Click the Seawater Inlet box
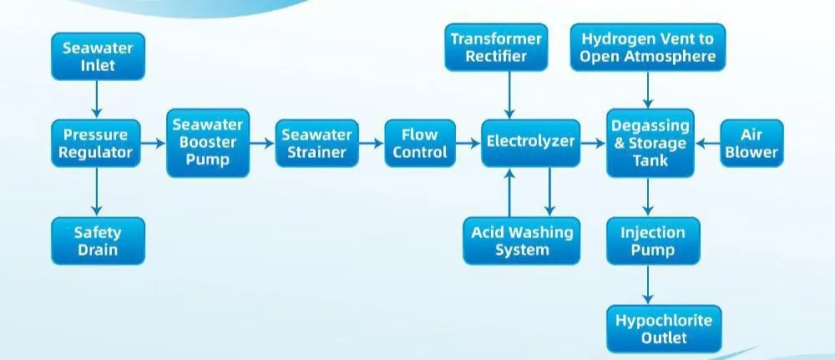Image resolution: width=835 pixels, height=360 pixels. (x=98, y=55)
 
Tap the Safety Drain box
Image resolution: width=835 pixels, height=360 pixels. (x=98, y=241)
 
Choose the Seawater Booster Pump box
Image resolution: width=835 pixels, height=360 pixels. (x=208, y=143)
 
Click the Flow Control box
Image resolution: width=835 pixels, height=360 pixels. (x=420, y=143)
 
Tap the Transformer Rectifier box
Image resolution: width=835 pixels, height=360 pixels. (x=496, y=48)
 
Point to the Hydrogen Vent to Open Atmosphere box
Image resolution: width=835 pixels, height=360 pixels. (x=648, y=48)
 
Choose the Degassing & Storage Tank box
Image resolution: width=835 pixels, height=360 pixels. (x=650, y=143)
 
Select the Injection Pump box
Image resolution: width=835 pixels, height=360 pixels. (x=650, y=241)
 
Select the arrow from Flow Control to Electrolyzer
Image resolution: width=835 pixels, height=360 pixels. (x=469, y=144)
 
